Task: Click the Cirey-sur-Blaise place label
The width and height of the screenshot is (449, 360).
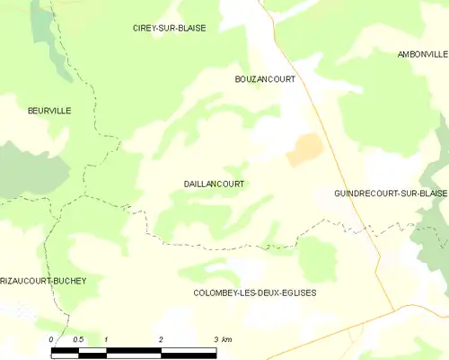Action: coord(169,28)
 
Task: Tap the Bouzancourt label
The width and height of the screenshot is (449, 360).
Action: coord(264,79)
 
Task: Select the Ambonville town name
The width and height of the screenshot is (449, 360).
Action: coord(422,55)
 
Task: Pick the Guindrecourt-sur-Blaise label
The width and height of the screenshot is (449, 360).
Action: coord(390,193)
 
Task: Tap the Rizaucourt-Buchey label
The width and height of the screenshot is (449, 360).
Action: coord(43,281)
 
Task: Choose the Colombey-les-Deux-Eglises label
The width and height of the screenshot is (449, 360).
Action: coord(254,293)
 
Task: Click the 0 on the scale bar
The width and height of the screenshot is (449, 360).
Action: coord(52,339)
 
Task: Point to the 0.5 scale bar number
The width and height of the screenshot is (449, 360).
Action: coord(78,339)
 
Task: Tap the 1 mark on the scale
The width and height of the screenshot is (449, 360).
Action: coord(106,339)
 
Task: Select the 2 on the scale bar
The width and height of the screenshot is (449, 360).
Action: coord(161,339)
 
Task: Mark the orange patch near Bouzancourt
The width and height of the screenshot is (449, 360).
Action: coord(303,149)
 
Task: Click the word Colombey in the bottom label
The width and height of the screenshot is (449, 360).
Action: coord(216,293)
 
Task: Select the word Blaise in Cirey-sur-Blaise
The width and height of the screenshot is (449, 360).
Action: coord(190,28)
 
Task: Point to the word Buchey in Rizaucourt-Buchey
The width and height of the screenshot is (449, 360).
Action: coord(71,281)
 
